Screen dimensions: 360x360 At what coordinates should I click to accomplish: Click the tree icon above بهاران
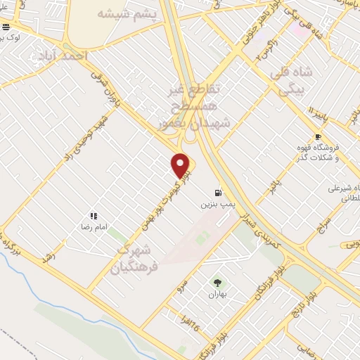pyautogui.click(x=217, y=282)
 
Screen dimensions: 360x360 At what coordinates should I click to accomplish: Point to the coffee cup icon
pyautogui.click(x=318, y=136)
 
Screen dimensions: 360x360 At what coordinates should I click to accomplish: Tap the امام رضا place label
pyautogui.click(x=93, y=228)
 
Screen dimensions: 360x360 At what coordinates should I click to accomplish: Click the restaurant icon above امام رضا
pyautogui.click(x=93, y=216)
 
